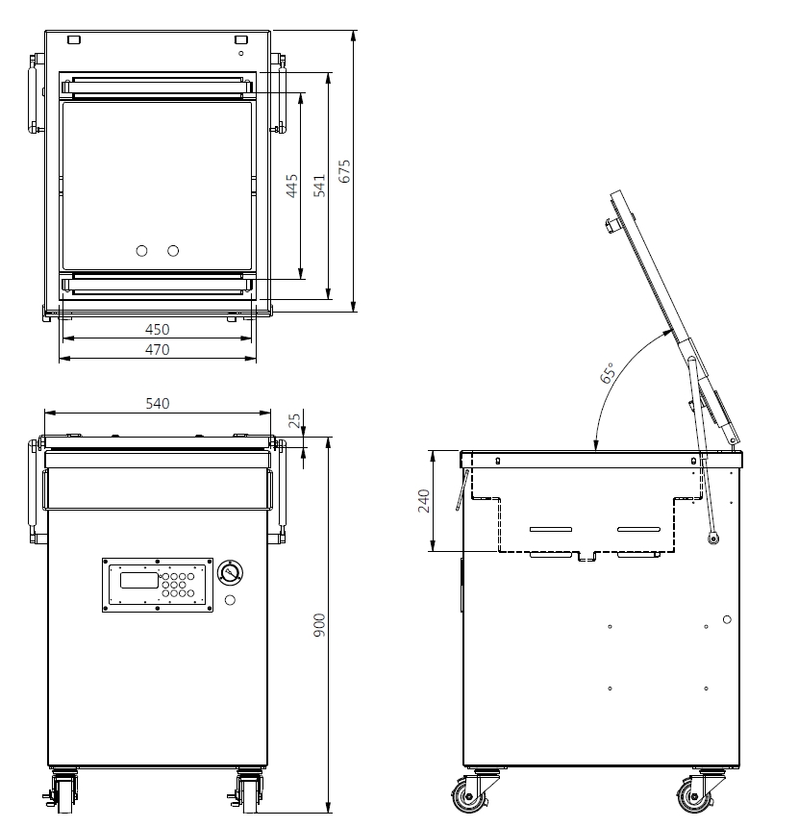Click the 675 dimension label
pos(344,171)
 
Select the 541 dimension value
pos(319,186)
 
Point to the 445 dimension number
pos(291,186)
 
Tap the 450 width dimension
pos(157,330)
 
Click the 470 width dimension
pos(157,350)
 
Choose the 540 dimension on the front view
pos(157,404)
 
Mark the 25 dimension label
pos(295,420)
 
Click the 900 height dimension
pos(319,625)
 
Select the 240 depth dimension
pos(424,501)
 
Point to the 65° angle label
pos(608,372)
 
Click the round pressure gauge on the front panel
pos(231,572)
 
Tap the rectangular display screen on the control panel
pos(139,580)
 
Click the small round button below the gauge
pos(230,600)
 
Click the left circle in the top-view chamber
pos(141,251)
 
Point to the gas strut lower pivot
pos(713,539)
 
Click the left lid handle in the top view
pos(35,93)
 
